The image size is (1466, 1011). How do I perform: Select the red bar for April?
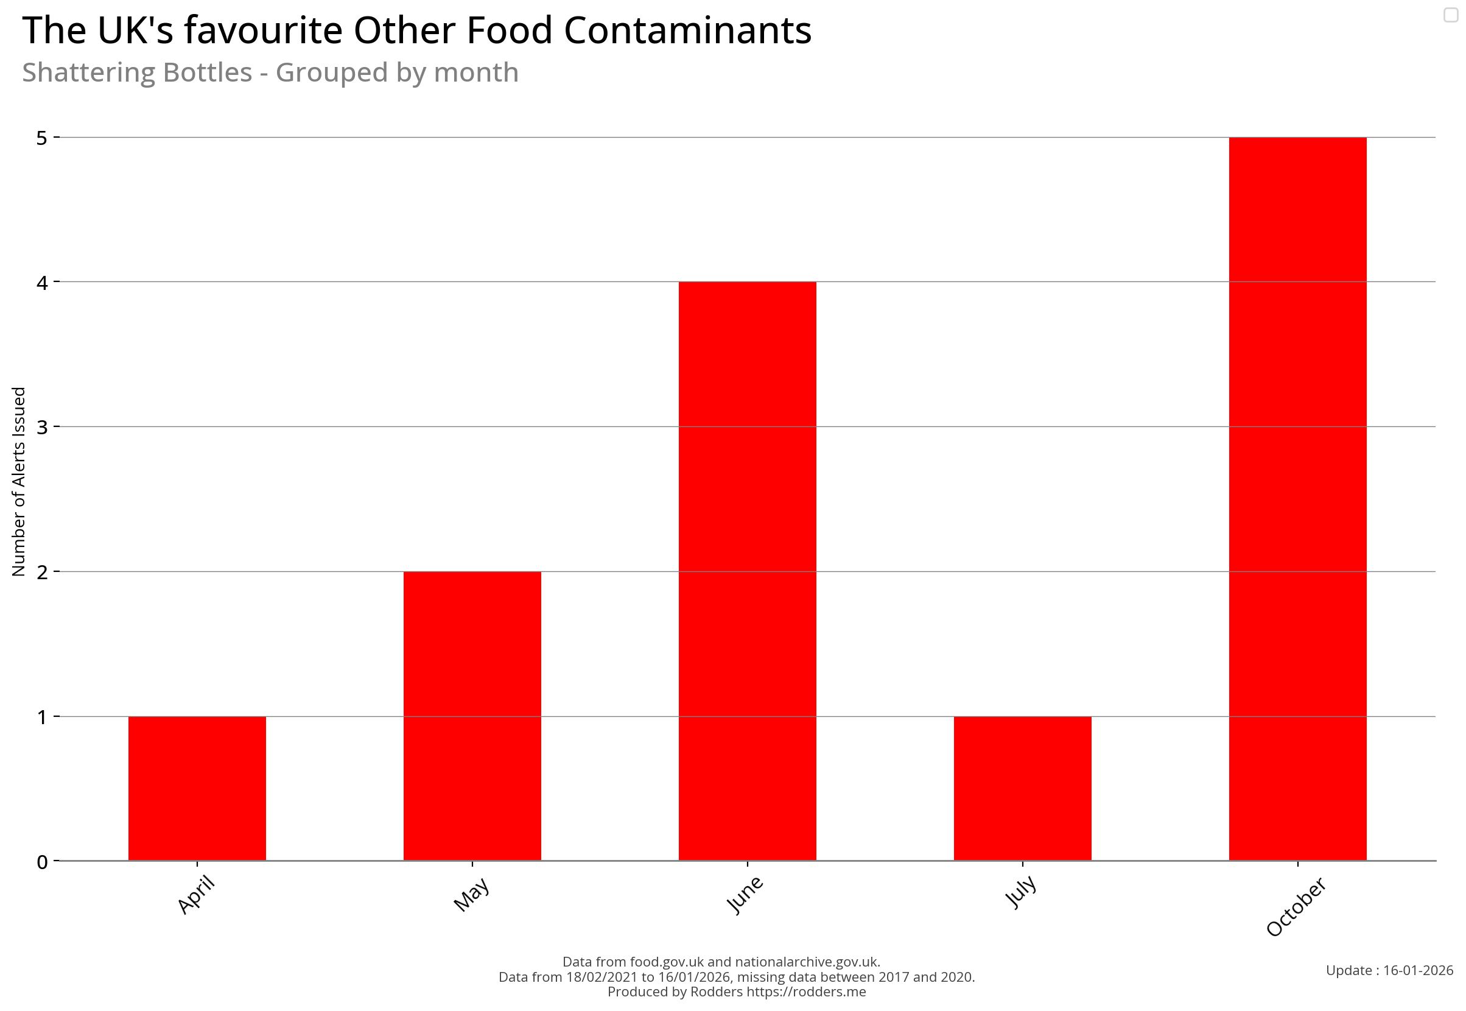click(x=197, y=788)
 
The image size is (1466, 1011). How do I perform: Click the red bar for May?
click(x=472, y=716)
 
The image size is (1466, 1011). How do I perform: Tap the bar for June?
click(x=747, y=570)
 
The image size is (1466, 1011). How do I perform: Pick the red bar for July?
click(x=1022, y=788)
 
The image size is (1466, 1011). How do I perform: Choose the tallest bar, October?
click(x=1297, y=499)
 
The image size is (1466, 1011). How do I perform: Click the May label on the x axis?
click(x=472, y=894)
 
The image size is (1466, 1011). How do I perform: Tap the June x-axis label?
click(x=745, y=895)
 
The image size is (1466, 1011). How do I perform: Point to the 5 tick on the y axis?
click(x=43, y=138)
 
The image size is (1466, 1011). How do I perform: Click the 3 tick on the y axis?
click(x=43, y=427)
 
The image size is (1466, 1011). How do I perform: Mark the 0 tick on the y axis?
click(x=43, y=862)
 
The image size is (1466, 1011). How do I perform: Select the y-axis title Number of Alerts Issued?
click(x=19, y=481)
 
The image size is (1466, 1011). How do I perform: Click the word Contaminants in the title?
click(x=687, y=30)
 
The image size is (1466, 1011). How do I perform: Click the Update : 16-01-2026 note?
click(x=1389, y=970)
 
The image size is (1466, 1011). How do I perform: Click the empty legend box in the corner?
click(x=1451, y=15)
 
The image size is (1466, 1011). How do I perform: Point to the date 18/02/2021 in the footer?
click(x=601, y=977)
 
